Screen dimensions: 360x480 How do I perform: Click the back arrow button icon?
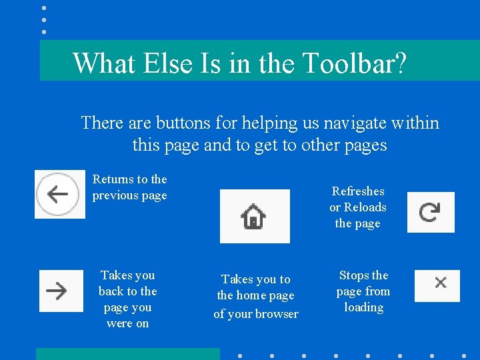(x=59, y=194)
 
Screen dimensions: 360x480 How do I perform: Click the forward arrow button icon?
(x=61, y=291)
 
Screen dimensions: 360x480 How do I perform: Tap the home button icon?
(x=254, y=217)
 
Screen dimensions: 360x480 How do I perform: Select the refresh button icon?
(x=430, y=212)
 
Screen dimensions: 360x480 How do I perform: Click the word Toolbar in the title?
(x=353, y=63)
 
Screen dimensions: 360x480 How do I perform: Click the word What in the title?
(x=102, y=63)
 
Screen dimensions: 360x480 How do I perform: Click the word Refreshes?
(x=358, y=191)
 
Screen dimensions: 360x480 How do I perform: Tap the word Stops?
(x=355, y=275)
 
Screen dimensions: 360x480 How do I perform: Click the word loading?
(x=363, y=307)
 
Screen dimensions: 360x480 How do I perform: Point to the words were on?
(x=127, y=324)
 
